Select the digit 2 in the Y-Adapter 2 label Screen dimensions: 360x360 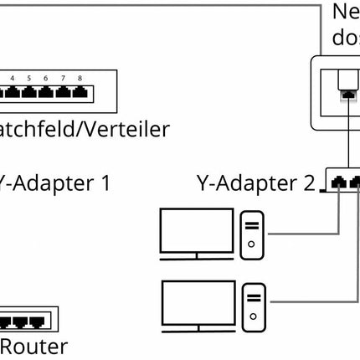309,182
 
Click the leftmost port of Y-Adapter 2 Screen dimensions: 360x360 337,181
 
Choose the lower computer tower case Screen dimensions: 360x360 254,306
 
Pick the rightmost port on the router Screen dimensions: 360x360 38,321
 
